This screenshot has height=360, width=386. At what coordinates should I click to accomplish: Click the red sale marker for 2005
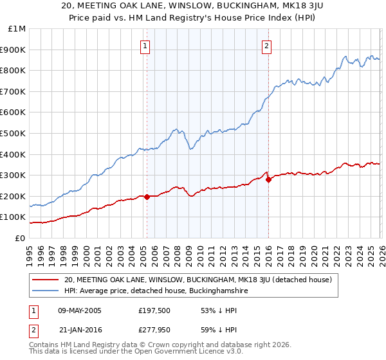point(147,197)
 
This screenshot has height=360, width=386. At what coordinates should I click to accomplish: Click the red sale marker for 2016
point(268,180)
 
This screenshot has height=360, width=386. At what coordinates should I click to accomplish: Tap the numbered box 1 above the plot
point(146,46)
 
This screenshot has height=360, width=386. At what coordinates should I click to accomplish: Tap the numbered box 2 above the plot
point(266,46)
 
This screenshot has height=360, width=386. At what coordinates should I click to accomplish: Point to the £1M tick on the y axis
point(17,29)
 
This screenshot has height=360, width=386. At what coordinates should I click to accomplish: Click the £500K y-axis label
point(14,134)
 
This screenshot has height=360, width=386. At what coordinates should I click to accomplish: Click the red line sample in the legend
point(45,280)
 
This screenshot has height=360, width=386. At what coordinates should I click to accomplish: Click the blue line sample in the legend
point(45,291)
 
